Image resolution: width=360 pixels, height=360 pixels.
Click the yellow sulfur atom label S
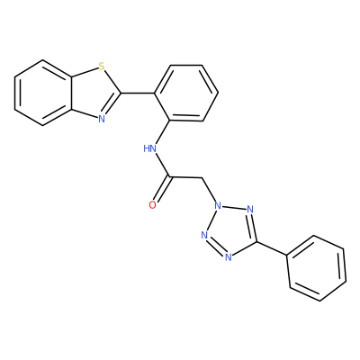102,67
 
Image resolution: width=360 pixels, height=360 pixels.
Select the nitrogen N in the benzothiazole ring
102,119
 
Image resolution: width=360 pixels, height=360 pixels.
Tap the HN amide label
150,148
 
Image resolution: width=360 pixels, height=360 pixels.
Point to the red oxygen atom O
153,205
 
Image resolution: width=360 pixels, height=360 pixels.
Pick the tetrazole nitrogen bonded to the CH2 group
218,206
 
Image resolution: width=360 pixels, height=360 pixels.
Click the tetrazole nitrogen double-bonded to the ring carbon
250,209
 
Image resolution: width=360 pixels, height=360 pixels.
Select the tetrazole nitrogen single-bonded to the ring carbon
229,256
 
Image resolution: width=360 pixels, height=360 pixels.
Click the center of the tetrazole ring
231,229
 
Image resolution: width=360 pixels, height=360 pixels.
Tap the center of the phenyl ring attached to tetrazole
316,268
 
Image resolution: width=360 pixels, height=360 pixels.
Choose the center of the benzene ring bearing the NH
186,93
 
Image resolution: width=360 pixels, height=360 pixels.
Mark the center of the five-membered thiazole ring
94,93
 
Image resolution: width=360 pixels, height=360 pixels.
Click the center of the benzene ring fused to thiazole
43,93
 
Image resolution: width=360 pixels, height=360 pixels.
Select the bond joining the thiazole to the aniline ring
138,93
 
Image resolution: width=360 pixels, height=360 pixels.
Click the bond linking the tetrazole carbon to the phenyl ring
272,248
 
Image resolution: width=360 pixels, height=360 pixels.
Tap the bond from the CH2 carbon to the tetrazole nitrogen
209,190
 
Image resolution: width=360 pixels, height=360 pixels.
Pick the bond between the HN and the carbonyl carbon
162,165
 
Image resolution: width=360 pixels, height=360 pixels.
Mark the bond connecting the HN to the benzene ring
163,132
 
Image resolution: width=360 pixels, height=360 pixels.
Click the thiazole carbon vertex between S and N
121,93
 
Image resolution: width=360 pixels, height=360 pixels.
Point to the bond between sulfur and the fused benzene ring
85,73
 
